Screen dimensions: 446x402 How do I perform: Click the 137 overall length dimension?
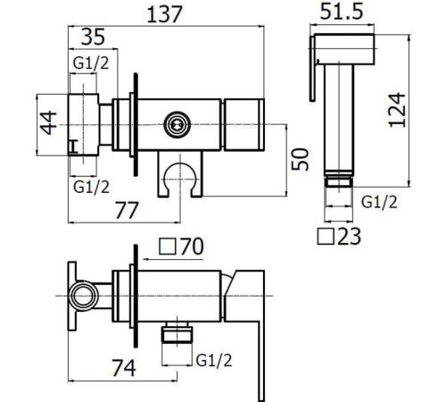(x=164, y=14)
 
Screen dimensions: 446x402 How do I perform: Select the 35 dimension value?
(x=93, y=37)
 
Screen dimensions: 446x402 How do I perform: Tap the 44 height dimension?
(x=48, y=122)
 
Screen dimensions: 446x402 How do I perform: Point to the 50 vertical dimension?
(x=300, y=159)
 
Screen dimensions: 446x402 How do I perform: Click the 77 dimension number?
(x=127, y=210)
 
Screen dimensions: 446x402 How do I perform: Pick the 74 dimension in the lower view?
(x=124, y=368)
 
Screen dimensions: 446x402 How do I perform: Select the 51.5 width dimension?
(x=342, y=12)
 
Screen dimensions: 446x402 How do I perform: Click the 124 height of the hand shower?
(x=397, y=111)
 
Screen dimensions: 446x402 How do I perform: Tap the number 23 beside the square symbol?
(x=350, y=237)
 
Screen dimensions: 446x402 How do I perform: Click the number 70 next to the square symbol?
(x=192, y=247)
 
